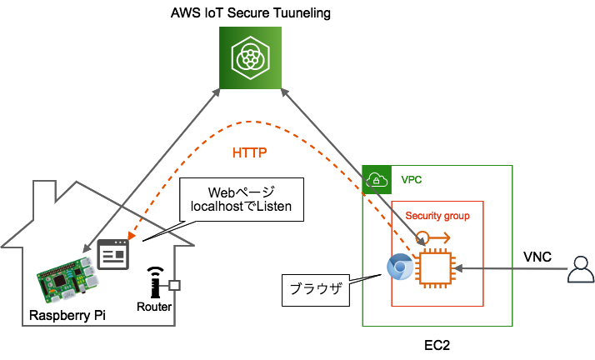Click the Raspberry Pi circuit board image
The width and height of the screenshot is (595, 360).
(66, 278)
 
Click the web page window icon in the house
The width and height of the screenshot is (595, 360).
(113, 252)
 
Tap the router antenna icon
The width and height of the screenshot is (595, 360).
(154, 283)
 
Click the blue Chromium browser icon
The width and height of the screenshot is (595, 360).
(400, 267)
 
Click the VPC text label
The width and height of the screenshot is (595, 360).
(412, 179)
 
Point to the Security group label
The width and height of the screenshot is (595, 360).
(437, 216)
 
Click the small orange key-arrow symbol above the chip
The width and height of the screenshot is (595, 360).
(432, 238)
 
